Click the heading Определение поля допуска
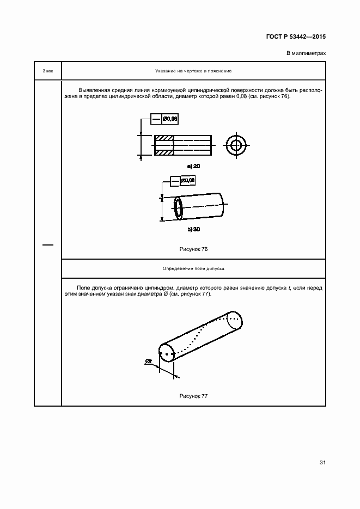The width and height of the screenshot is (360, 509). [x=193, y=268]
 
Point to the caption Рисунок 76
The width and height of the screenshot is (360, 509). [x=193, y=249]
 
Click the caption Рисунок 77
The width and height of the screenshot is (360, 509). [x=193, y=396]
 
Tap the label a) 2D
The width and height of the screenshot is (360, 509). [x=193, y=165]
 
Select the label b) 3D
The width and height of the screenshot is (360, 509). [x=193, y=230]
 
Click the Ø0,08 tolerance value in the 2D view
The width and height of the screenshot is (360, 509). [x=170, y=118]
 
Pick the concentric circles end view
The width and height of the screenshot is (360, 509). [x=237, y=145]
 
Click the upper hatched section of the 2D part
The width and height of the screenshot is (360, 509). [x=164, y=137]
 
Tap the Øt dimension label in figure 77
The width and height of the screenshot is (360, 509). [x=149, y=361]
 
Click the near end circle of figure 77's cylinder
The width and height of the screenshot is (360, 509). [x=166, y=352]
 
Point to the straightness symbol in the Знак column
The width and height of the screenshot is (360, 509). [x=48, y=245]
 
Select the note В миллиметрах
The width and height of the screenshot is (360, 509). [x=306, y=53]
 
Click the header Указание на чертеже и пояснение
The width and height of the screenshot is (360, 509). [x=193, y=71]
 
